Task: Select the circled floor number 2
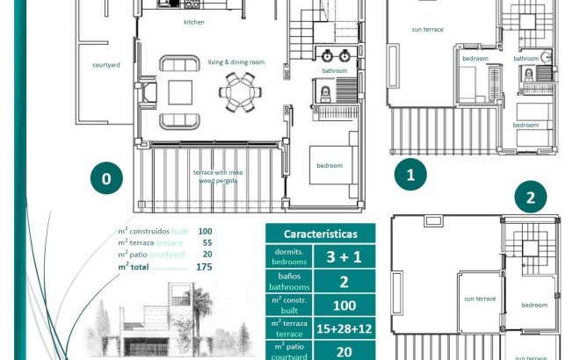pos(530,198)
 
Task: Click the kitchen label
pos(194,22)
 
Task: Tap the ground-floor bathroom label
pos(335,70)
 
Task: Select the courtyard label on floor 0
pos(106,64)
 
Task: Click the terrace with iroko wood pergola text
pos(219,176)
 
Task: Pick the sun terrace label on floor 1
pos(427,29)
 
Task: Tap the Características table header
pos(320,234)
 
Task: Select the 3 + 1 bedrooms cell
pos(344,256)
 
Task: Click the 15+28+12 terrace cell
pos(344,328)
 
